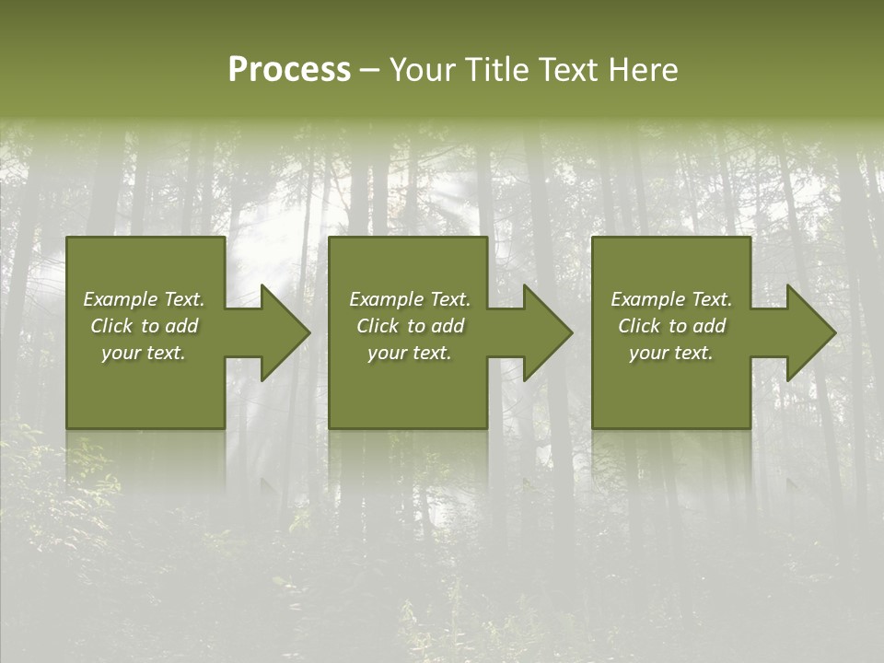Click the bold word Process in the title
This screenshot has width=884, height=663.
pyautogui.click(x=289, y=70)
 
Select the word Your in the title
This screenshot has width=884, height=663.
pyautogui.click(x=423, y=70)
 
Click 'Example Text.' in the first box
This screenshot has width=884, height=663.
pyautogui.click(x=144, y=299)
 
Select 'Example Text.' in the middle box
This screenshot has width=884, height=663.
pyautogui.click(x=409, y=299)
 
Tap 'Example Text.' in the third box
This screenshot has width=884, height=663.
pyautogui.click(x=671, y=299)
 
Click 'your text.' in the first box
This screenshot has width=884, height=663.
pyautogui.click(x=144, y=353)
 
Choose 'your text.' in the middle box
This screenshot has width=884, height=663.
pyautogui.click(x=409, y=353)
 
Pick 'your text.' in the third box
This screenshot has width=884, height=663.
pyautogui.click(x=671, y=353)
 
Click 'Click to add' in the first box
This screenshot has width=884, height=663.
pyautogui.click(x=144, y=326)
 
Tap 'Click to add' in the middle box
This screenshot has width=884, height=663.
pyautogui.click(x=409, y=326)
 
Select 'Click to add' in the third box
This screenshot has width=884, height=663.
pyautogui.click(x=671, y=326)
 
